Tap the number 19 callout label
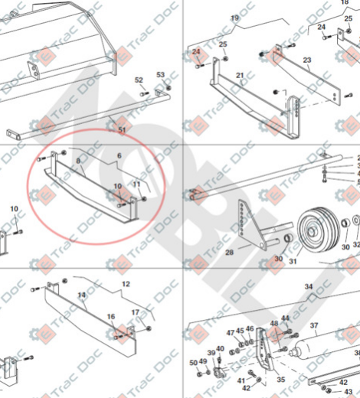point(234,18)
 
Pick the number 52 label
point(139,80)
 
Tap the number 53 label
point(161,74)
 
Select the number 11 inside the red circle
point(137,184)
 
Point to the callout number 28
point(229,251)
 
